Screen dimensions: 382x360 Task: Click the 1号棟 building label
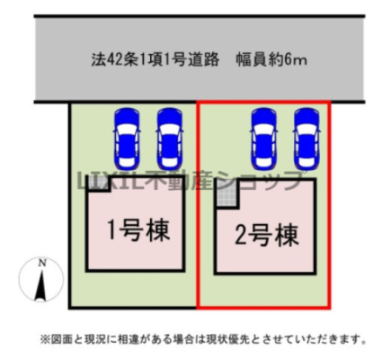(138, 230)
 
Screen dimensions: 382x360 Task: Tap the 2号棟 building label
(267, 235)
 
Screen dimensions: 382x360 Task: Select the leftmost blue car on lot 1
(127, 138)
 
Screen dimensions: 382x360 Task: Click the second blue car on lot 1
(170, 138)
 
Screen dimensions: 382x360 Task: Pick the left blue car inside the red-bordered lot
(264, 138)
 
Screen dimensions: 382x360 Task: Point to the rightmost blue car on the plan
(306, 138)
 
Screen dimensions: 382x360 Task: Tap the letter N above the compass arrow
(42, 264)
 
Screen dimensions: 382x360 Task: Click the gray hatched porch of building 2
(227, 194)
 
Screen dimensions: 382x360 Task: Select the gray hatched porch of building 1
(97, 183)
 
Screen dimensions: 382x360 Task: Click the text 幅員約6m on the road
(271, 60)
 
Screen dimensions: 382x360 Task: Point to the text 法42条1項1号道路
(155, 60)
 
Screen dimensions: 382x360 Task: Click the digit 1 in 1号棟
(111, 230)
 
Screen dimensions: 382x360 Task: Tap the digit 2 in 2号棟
(240, 236)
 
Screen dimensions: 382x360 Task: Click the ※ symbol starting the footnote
(45, 339)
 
